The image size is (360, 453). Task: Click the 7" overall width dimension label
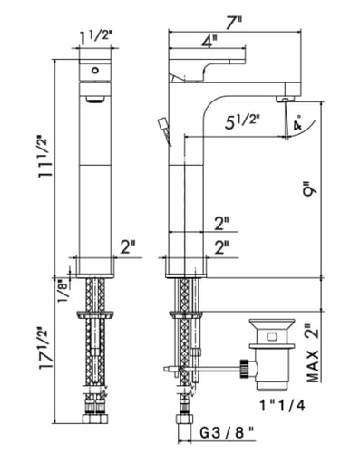coord(234,23)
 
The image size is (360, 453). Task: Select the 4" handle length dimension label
coord(209,42)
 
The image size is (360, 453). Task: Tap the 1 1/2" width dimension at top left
coord(95,37)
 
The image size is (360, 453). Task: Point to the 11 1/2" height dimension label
coord(44,157)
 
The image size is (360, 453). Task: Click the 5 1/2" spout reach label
coord(241,122)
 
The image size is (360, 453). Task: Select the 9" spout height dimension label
coord(311,188)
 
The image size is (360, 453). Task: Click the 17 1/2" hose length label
coord(44,348)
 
